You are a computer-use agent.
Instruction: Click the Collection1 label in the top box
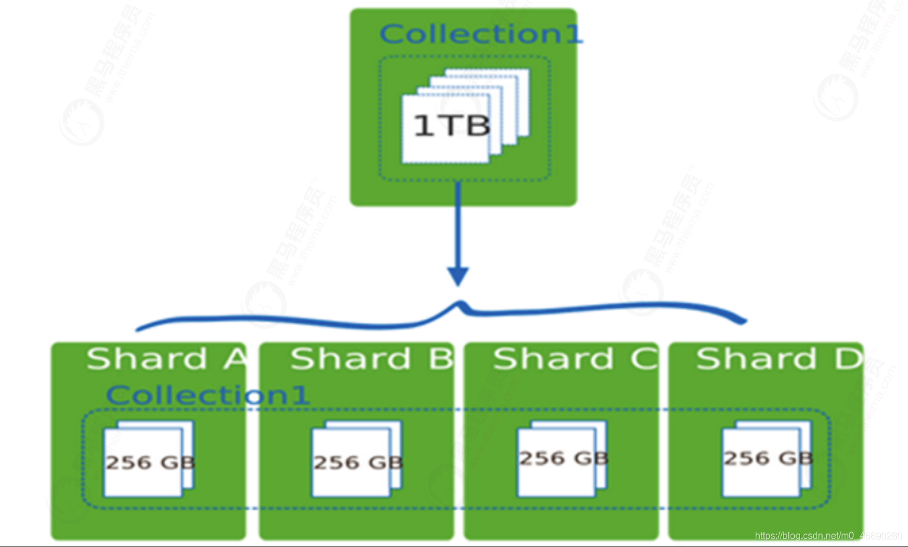[481, 34]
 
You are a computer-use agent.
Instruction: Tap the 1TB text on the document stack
[451, 126]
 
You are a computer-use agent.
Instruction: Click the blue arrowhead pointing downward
[458, 276]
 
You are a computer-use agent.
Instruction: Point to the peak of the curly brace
[459, 305]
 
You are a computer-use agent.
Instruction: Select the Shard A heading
[167, 359]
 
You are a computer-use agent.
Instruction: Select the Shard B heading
[371, 359]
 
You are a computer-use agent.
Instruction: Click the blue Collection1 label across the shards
[207, 395]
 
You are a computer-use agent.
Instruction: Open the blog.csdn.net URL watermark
[828, 536]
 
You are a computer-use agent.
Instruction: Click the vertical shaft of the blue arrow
[458, 225]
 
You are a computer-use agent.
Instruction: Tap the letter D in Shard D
[849, 359]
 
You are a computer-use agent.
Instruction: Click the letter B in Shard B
[440, 359]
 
